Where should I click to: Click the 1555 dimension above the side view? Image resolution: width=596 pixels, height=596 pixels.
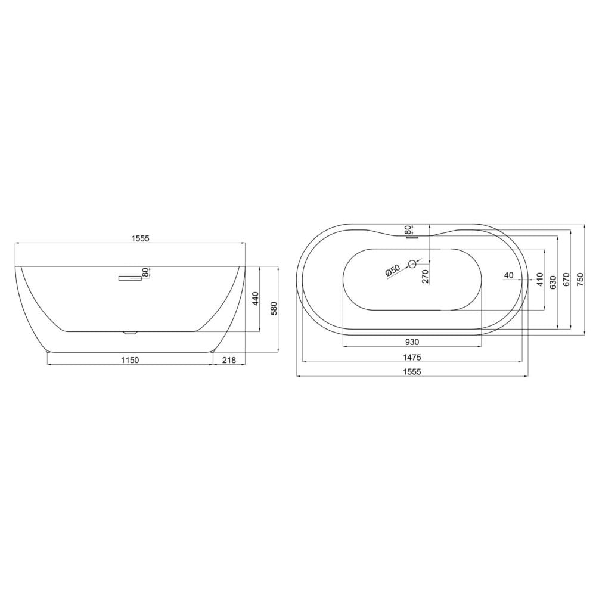[x=140, y=238]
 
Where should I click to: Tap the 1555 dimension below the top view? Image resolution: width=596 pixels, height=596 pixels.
[x=412, y=372]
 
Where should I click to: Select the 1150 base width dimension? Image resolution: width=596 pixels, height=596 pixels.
[x=130, y=359]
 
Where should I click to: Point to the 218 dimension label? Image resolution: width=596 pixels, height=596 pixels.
[x=229, y=359]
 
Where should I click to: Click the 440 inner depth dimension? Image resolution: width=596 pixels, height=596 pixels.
[x=256, y=299]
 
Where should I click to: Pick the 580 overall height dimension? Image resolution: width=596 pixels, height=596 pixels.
[x=274, y=308]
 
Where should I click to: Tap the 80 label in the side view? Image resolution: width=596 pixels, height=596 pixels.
[x=145, y=272]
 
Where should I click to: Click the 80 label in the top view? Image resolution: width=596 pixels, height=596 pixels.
[x=408, y=229]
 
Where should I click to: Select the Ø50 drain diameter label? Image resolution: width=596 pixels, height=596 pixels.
[x=392, y=270]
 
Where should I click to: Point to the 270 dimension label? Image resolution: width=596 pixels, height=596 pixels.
[x=426, y=277]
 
